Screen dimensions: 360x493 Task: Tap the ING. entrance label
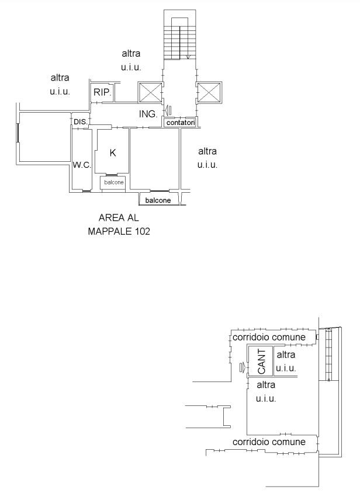[148, 114]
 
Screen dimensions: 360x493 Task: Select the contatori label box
[181, 122]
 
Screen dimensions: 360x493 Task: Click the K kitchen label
[113, 153]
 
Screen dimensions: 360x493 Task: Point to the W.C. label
[82, 165]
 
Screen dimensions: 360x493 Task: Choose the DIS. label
[81, 121]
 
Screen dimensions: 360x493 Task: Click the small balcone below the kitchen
[113, 182]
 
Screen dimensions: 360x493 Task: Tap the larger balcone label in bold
[158, 200]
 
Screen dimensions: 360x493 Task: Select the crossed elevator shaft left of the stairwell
[150, 92]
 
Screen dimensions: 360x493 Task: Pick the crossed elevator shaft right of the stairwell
[209, 92]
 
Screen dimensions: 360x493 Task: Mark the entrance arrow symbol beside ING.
[168, 110]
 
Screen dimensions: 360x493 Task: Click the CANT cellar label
[261, 362]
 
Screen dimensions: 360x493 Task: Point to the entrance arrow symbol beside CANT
[242, 367]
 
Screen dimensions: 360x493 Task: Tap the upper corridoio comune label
[269, 338]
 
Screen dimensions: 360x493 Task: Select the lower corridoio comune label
[269, 442]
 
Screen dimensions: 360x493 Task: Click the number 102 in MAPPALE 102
[143, 231]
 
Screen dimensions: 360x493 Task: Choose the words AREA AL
[119, 217]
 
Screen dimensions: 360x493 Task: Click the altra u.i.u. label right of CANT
[286, 362]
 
